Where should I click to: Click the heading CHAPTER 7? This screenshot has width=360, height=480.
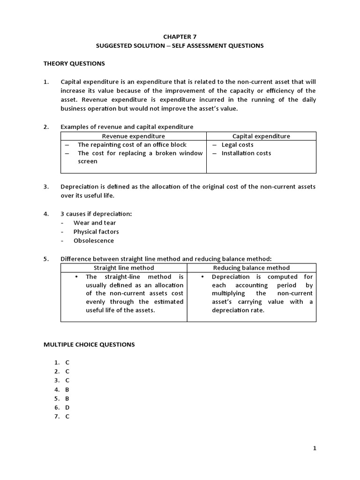[180, 37]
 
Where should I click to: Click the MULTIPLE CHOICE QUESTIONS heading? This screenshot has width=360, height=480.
[89, 345]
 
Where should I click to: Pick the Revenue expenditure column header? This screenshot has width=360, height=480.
[134, 136]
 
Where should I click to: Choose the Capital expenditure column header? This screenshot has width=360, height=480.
[261, 136]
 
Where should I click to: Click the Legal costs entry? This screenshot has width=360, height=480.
[237, 145]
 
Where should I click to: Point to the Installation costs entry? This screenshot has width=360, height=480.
[246, 153]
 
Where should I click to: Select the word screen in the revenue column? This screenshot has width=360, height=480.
[88, 162]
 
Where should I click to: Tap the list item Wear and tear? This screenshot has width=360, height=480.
[95, 223]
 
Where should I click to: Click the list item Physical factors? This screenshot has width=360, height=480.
[96, 232]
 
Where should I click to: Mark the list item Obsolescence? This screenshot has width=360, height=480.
[94, 241]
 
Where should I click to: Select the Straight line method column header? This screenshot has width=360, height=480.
[124, 268]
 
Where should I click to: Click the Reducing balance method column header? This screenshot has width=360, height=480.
[251, 268]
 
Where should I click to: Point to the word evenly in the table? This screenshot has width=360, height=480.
[96, 302]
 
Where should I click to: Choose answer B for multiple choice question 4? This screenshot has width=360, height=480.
[67, 390]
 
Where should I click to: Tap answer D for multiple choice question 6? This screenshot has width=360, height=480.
[67, 408]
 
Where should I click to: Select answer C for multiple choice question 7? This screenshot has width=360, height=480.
[67, 417]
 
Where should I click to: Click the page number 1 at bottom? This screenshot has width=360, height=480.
[315, 449]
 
